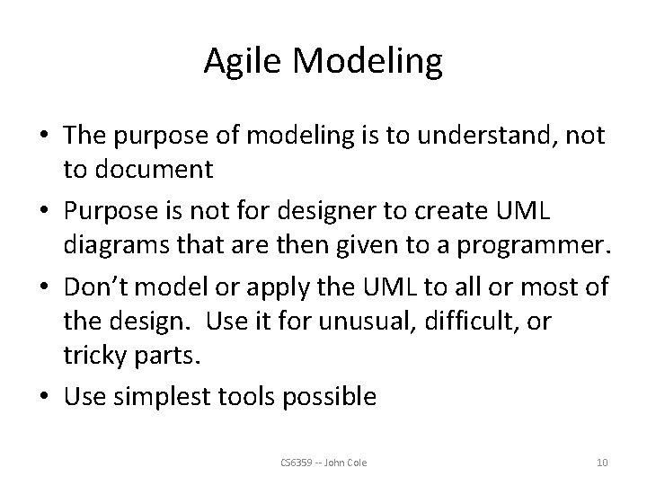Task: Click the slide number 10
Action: coord(602,463)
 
